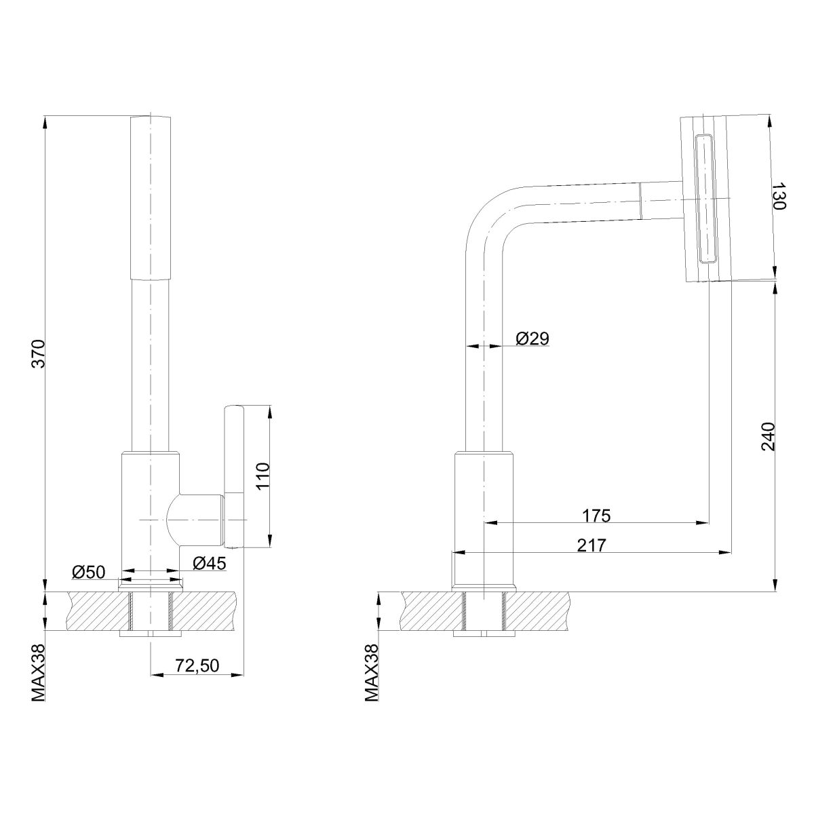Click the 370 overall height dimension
coord(39,353)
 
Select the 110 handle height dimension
coord(263,476)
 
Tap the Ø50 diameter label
coord(88,572)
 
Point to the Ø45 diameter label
coord(209,563)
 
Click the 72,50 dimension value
coord(197,665)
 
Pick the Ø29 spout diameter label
coord(532,338)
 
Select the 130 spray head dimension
coord(777,196)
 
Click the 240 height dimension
coord(768,436)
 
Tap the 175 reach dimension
coord(596,516)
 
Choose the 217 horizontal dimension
coord(592,545)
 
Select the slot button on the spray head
coord(705,199)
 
